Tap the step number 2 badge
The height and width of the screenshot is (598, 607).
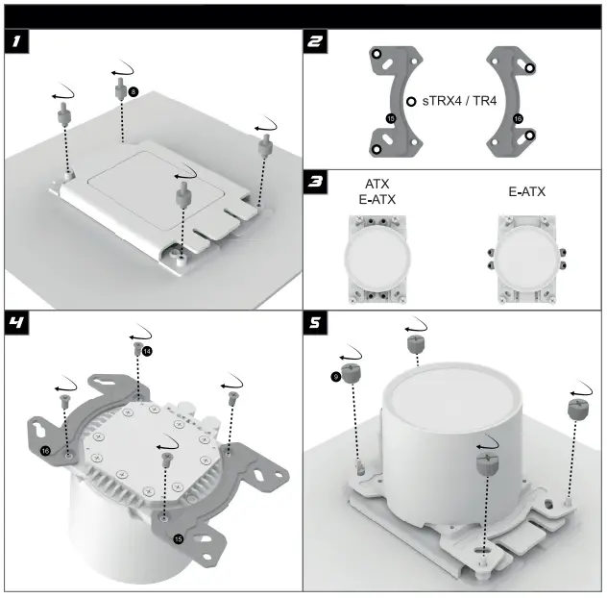tap(316, 41)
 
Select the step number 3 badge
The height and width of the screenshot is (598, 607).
tap(316, 183)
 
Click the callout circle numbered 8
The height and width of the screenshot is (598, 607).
tap(133, 91)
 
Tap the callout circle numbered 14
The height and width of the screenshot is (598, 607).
tap(147, 352)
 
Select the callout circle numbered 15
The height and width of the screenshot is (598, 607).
tap(179, 539)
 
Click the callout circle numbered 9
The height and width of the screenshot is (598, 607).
tap(335, 377)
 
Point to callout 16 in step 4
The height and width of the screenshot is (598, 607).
tap(45, 450)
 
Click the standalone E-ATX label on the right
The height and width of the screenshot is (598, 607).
tap(526, 192)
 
